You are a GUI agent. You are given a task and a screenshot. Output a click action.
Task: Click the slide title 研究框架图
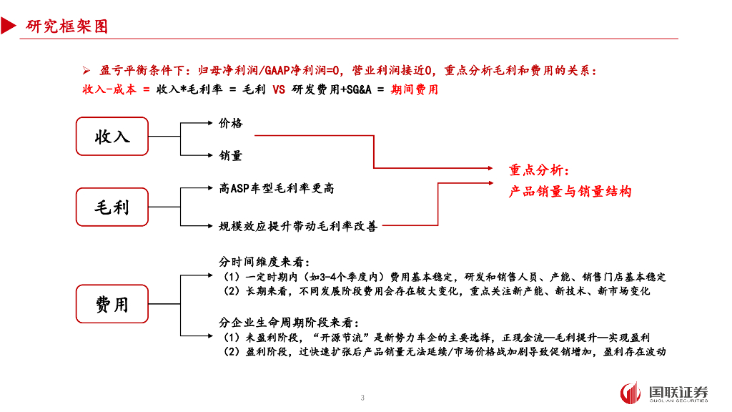pos(67,26)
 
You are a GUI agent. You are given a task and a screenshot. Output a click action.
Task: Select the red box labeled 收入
pos(112,137)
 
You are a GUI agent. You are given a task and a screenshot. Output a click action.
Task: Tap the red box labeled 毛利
pos(112,207)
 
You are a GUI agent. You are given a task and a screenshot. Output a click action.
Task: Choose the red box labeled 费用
pos(112,304)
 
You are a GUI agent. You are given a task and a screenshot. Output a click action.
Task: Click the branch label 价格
pos(231,123)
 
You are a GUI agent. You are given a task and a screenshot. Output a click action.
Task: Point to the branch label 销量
pos(231,155)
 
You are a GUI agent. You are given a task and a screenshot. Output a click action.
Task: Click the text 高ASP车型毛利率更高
pos(276,188)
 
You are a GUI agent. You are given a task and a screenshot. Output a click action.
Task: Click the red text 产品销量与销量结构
pos(570,192)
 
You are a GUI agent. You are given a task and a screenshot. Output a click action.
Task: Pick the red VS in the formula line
pos(279,90)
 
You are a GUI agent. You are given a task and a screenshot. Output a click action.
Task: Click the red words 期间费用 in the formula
pos(415,90)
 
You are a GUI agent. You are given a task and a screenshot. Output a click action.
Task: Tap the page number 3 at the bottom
pos(363,398)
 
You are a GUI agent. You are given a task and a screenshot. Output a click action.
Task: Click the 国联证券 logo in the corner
pos(664,393)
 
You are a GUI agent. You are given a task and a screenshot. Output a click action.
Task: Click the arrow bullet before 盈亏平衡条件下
pos(86,71)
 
